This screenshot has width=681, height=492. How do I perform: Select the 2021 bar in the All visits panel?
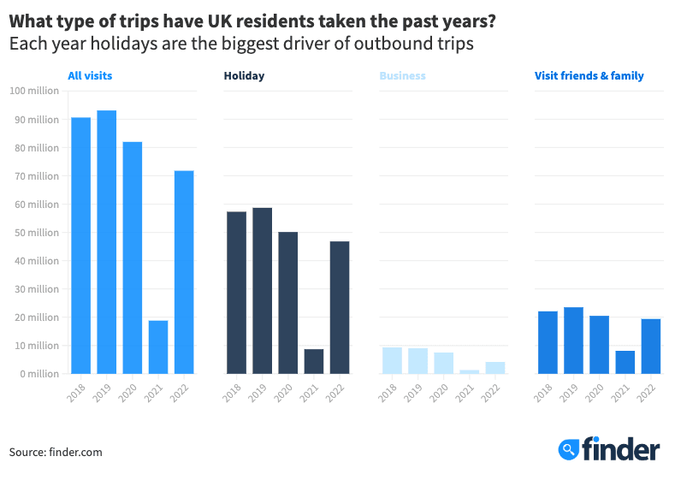[x=158, y=347]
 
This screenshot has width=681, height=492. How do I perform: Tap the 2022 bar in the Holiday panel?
[x=340, y=307]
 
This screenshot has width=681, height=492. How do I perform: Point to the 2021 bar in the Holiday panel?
[x=314, y=361]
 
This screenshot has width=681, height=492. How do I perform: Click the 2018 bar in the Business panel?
[x=392, y=360]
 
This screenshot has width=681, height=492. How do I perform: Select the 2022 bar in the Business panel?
[x=495, y=368]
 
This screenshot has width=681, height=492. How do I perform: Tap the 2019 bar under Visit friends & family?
[x=573, y=341]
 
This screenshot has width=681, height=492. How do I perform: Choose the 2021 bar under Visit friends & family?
[x=625, y=362]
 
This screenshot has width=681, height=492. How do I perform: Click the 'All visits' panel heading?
[x=90, y=76]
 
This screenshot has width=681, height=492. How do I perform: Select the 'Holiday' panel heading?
[x=244, y=76]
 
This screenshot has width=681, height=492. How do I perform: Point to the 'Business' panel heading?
[x=402, y=76]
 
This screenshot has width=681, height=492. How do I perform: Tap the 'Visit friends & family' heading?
[x=589, y=76]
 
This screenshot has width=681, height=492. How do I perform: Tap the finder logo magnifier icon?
[x=569, y=448]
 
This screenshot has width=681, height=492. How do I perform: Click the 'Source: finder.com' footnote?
[x=56, y=452]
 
